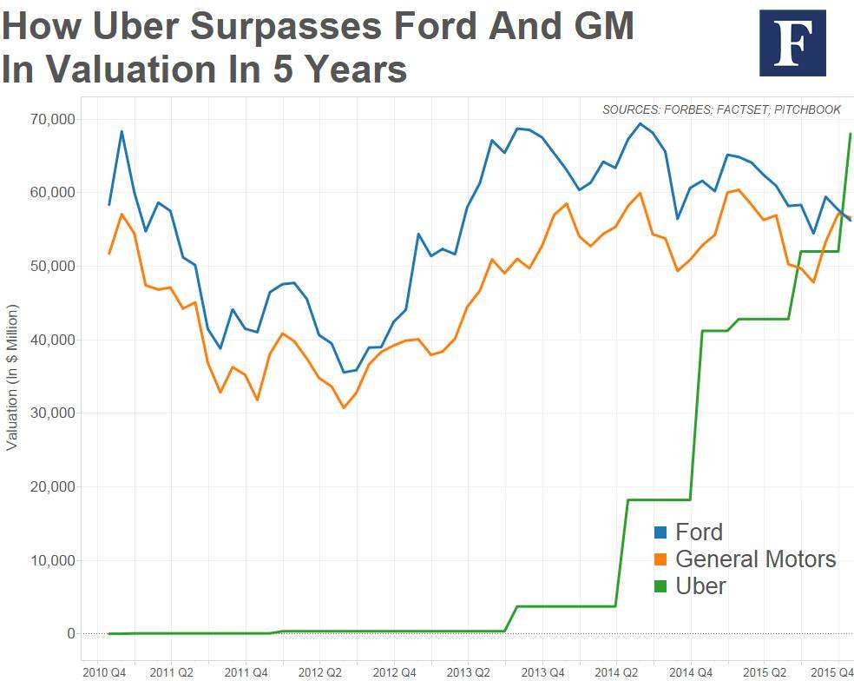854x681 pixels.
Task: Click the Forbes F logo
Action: click(792, 43)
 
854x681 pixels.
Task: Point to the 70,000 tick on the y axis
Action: click(52, 119)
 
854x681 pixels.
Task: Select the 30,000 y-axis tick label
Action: click(52, 413)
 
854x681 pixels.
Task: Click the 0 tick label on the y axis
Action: click(70, 634)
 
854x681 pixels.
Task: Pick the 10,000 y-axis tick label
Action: click(52, 560)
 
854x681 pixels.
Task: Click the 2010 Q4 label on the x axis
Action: click(104, 672)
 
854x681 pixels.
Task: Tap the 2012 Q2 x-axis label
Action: click(321, 672)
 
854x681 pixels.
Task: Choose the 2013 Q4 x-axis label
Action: click(544, 672)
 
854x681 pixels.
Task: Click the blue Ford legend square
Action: click(660, 532)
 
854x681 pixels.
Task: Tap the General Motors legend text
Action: click(755, 559)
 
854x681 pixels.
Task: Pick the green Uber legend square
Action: click(660, 586)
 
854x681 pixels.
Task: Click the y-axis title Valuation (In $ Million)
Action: click(12, 378)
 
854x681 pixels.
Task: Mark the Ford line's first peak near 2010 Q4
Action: click(122, 131)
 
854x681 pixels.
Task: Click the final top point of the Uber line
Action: click(851, 134)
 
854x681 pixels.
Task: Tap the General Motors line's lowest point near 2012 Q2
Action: click(343, 407)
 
